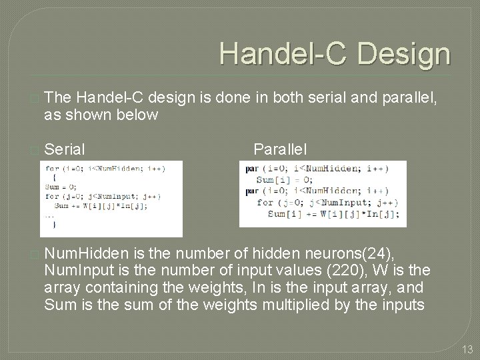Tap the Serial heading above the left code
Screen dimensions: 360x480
pos(67,147)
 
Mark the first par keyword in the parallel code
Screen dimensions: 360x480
pos(251,169)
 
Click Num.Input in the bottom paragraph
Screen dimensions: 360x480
pos(75,271)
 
